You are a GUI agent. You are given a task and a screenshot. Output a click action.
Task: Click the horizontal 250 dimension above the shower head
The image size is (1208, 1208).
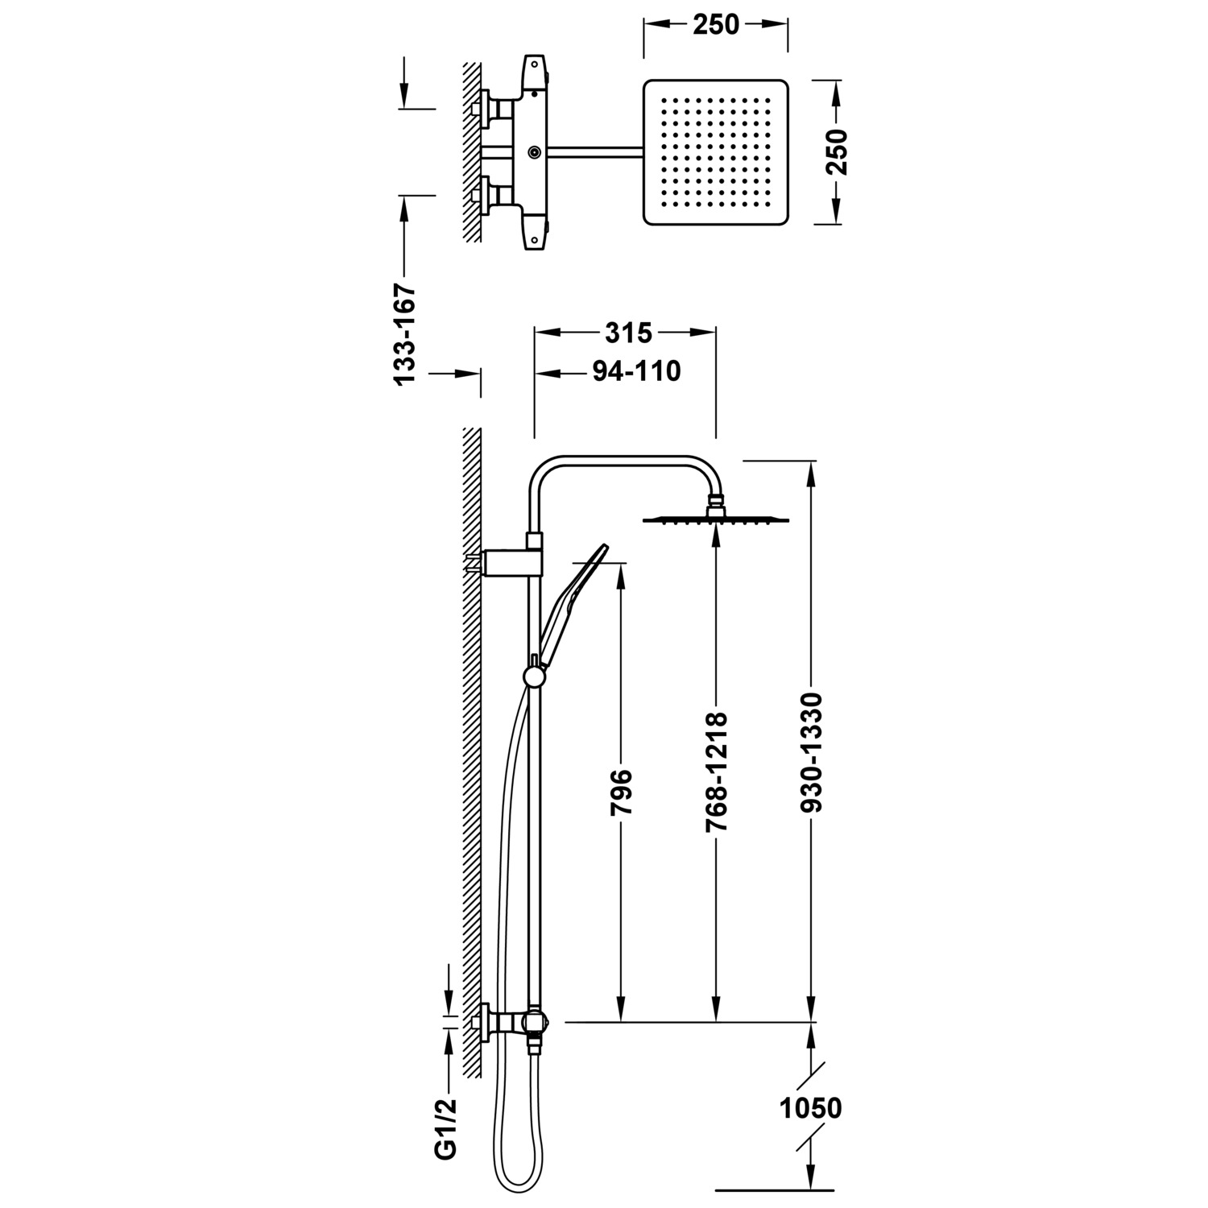click(715, 25)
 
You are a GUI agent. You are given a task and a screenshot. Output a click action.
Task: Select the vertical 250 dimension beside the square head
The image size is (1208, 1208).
click(838, 151)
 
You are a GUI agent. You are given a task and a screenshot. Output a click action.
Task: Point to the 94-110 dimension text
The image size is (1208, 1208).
click(636, 371)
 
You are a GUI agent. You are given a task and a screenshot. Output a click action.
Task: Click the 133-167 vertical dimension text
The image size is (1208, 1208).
click(404, 333)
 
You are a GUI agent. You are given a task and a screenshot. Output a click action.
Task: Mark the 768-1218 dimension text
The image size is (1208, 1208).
click(715, 772)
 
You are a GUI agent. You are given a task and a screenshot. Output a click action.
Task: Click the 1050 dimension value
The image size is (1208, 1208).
click(810, 1108)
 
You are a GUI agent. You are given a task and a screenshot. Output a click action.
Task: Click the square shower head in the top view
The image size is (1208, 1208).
click(715, 151)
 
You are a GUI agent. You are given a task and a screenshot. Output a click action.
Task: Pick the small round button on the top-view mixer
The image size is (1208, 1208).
click(534, 151)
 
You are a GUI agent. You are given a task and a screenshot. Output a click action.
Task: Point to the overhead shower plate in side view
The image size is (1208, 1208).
click(715, 520)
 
